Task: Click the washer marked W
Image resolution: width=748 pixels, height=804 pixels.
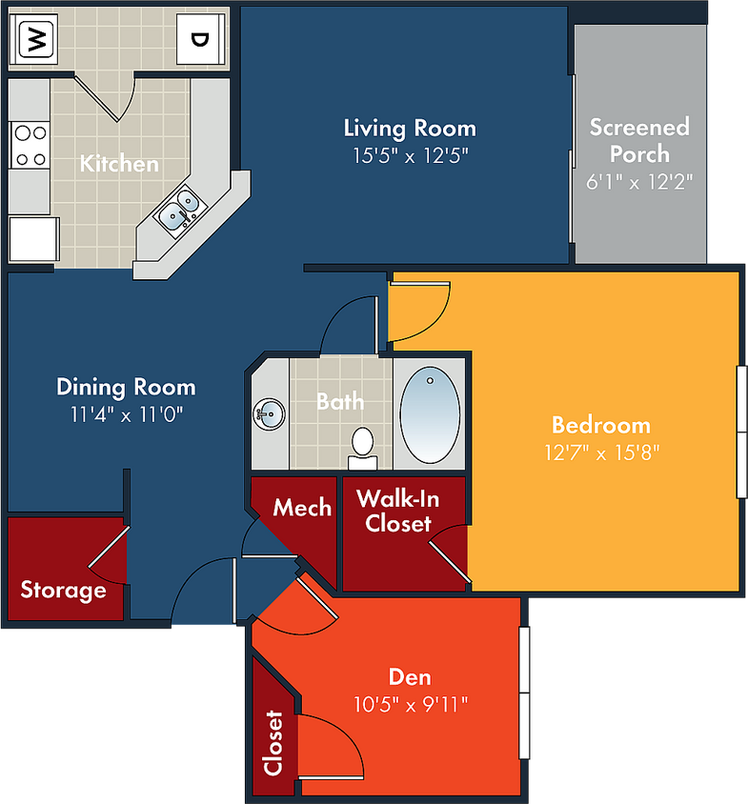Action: pyautogui.click(x=33, y=39)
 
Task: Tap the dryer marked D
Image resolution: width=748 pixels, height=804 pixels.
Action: pyautogui.click(x=201, y=39)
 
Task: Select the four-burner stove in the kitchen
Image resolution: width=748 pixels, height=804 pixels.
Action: pyautogui.click(x=30, y=145)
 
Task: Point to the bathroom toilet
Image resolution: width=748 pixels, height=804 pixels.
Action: pyautogui.click(x=363, y=448)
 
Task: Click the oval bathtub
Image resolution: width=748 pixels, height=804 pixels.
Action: pyautogui.click(x=430, y=414)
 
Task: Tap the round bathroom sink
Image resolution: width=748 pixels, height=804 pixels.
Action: pyautogui.click(x=269, y=414)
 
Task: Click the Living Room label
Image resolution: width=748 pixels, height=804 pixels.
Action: pyautogui.click(x=410, y=129)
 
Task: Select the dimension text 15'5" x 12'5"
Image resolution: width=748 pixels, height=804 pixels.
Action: pyautogui.click(x=411, y=155)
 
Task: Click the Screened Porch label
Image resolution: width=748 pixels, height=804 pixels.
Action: pyautogui.click(x=639, y=140)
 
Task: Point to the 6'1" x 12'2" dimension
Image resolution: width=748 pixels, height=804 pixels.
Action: pyautogui.click(x=639, y=182)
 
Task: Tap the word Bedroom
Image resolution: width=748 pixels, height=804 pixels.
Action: pyautogui.click(x=601, y=425)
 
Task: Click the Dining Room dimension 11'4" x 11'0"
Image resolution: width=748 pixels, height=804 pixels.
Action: pyautogui.click(x=126, y=414)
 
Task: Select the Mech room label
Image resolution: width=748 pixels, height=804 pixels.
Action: pyautogui.click(x=302, y=508)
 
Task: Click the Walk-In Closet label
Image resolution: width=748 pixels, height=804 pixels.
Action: pyautogui.click(x=398, y=511)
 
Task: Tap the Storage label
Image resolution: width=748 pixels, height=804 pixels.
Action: pyautogui.click(x=63, y=591)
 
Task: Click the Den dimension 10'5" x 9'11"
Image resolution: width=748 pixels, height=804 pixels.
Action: pyautogui.click(x=411, y=705)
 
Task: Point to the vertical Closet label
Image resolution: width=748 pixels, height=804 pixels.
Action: pyautogui.click(x=273, y=742)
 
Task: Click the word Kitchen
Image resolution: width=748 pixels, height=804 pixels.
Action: pyautogui.click(x=119, y=164)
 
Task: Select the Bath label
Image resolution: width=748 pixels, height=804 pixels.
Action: pyautogui.click(x=340, y=401)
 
